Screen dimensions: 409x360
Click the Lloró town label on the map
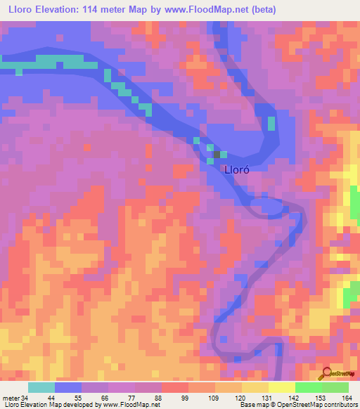pyautogui.click(x=237, y=169)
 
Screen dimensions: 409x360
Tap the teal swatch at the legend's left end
pyautogui.click(x=41, y=387)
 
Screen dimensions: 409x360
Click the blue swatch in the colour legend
pyautogui.click(x=68, y=387)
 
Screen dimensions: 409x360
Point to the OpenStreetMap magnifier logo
pyautogui.click(x=327, y=374)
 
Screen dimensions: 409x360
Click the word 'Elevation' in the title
pyautogui.click(x=58, y=9)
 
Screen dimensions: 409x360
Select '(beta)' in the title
pyautogui.click(x=260, y=9)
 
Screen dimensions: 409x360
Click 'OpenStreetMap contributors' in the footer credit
pyautogui.click(x=321, y=405)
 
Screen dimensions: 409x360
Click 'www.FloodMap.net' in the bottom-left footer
pyautogui.click(x=134, y=405)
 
